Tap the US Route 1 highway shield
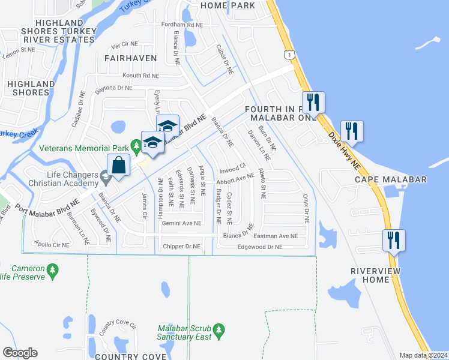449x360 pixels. click(x=291, y=54)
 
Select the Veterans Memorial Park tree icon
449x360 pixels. click(x=137, y=145)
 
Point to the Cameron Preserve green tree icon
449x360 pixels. click(x=53, y=271)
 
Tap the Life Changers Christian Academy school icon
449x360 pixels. click(x=106, y=176)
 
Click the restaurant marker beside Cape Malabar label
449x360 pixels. click(x=352, y=130)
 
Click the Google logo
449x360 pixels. click(x=20, y=353)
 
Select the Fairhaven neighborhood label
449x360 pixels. click(x=130, y=58)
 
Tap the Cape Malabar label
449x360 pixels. click(x=390, y=179)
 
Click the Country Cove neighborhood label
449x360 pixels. click(x=130, y=356)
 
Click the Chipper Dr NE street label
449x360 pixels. click(x=181, y=246)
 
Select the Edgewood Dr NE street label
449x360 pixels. click(x=260, y=247)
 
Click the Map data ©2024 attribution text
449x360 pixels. click(x=423, y=355)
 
